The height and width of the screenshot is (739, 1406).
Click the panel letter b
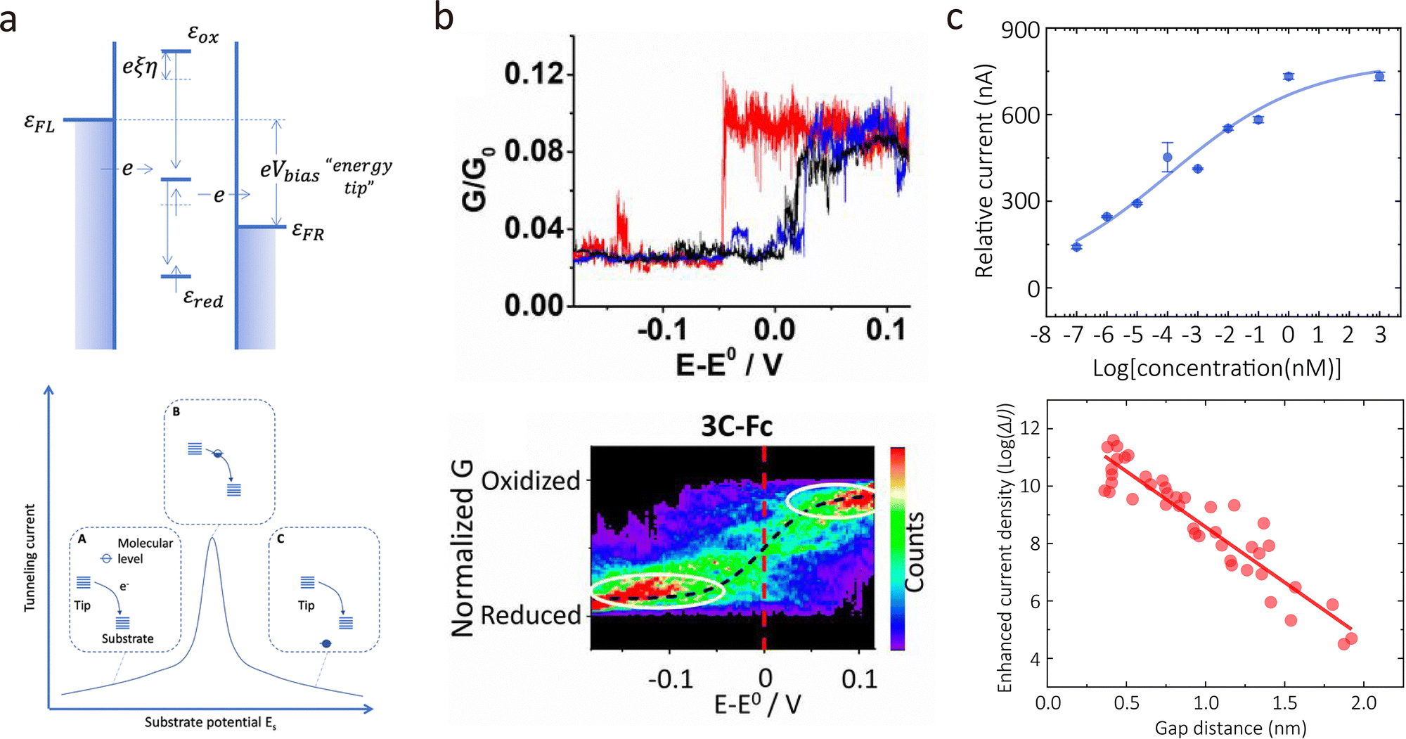pyautogui.click(x=444, y=17)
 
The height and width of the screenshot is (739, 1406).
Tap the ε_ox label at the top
pyautogui.click(x=203, y=33)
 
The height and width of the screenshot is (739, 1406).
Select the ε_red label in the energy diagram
pyautogui.click(x=203, y=299)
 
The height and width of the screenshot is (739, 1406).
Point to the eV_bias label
pyautogui.click(x=290, y=171)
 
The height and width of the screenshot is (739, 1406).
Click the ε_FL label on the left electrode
pyautogui.click(x=39, y=124)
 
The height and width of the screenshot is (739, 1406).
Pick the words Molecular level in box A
pyautogui.click(x=144, y=551)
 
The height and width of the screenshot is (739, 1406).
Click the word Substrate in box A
pyautogui.click(x=127, y=638)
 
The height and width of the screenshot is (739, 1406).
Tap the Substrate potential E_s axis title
pyautogui.click(x=210, y=723)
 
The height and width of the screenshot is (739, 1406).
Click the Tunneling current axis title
pyautogui.click(x=30, y=557)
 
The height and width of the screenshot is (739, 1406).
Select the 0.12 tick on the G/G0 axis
pyautogui.click(x=534, y=73)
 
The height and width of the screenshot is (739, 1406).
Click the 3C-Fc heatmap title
pyautogui.click(x=736, y=426)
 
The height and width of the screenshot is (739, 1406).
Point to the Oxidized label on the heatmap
pyautogui.click(x=531, y=481)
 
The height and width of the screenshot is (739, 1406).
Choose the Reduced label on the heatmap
pyautogui.click(x=531, y=615)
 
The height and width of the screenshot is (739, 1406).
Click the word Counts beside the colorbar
pyautogui.click(x=914, y=552)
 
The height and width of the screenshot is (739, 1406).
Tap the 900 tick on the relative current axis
pyautogui.click(x=1020, y=30)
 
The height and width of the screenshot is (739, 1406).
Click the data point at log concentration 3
pyautogui.click(x=1379, y=76)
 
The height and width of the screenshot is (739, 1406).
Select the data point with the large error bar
pyautogui.click(x=1168, y=158)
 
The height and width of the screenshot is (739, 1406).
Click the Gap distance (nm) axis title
pyautogui.click(x=1230, y=728)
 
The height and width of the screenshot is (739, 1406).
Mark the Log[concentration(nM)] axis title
pyautogui.click(x=1217, y=368)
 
